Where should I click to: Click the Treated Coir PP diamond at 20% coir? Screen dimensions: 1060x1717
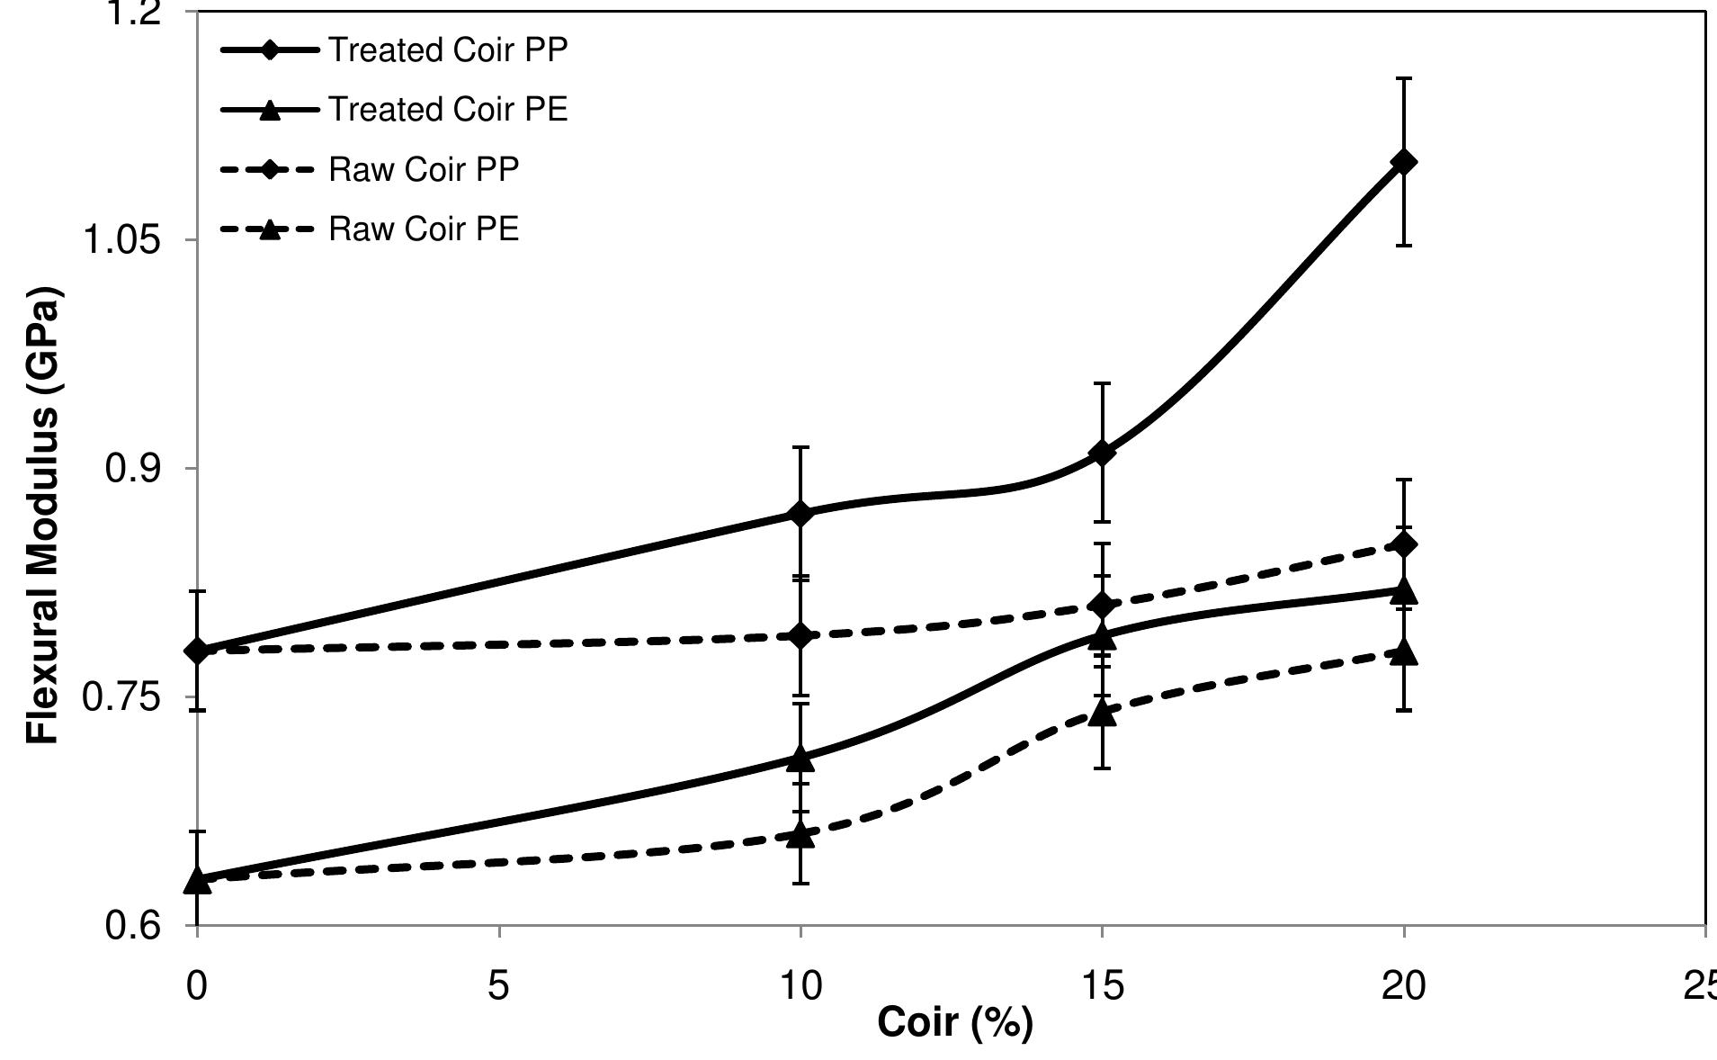click(1403, 162)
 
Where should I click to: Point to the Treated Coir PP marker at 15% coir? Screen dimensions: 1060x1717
click(1102, 453)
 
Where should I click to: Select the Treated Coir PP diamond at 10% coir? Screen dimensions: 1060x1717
click(800, 514)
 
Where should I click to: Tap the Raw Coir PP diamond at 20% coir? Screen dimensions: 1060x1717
click(1403, 544)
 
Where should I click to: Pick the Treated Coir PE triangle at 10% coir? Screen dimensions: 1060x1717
click(800, 759)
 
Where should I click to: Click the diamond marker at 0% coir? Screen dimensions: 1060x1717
click(197, 651)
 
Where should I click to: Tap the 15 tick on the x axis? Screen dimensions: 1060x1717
click(1102, 986)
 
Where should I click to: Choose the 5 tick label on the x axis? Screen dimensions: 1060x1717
click(498, 986)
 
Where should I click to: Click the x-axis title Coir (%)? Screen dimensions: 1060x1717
click(954, 1022)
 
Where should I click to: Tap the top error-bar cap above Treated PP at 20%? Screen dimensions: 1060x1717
click(1403, 79)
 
